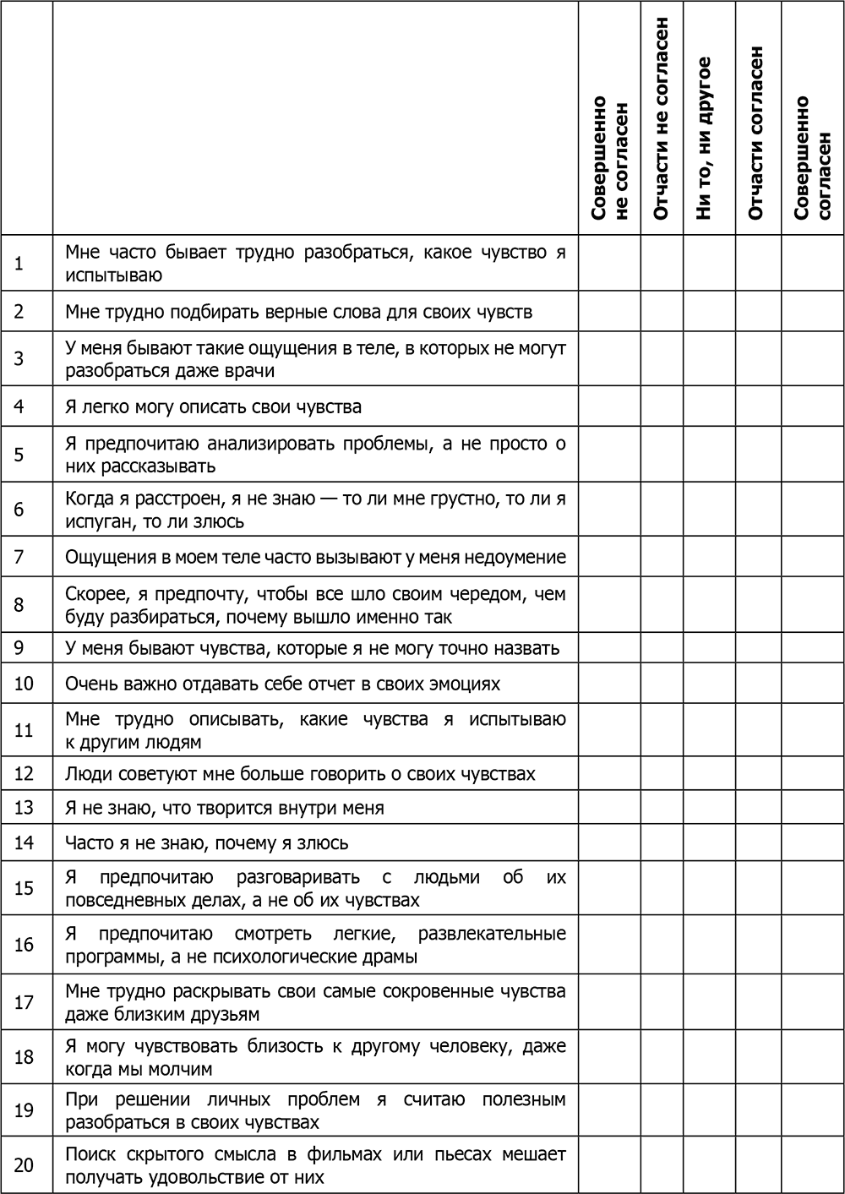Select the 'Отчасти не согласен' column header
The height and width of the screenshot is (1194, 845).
click(x=661, y=118)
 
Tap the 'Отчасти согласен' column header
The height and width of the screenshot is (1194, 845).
click(x=757, y=134)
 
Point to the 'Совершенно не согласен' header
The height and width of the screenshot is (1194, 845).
click(x=609, y=158)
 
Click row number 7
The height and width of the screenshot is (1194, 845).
click(x=19, y=557)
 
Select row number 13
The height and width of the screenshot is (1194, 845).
click(x=24, y=808)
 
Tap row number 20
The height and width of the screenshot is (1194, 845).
click(x=24, y=1165)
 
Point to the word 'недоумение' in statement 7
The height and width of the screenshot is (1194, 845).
click(x=521, y=558)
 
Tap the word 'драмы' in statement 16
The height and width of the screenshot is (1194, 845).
click(x=392, y=957)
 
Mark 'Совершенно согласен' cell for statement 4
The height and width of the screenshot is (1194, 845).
click(x=812, y=406)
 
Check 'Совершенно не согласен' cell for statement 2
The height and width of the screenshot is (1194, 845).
click(x=609, y=312)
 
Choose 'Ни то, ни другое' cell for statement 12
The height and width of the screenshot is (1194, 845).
click(x=709, y=773)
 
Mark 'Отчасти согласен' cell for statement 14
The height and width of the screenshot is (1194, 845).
click(x=758, y=842)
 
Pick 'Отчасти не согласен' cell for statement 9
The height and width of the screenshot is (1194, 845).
click(x=662, y=648)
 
